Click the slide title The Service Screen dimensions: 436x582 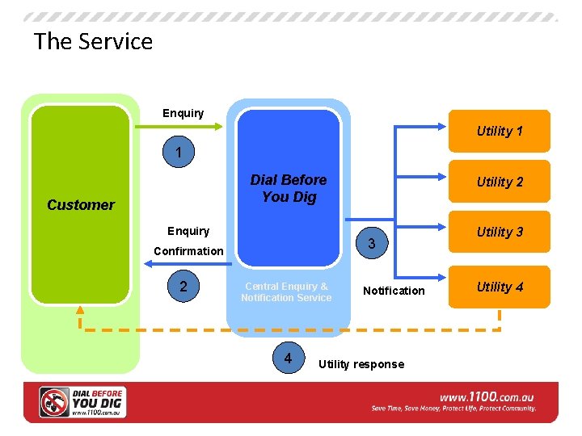click(x=93, y=41)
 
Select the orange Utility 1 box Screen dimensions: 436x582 click(x=500, y=131)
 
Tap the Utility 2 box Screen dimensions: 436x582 click(x=500, y=182)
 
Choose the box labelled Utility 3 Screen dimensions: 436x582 click(x=500, y=233)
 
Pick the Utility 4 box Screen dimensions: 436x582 click(x=500, y=287)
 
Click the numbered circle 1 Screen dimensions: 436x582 click(x=179, y=153)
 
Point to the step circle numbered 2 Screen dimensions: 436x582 click(x=183, y=287)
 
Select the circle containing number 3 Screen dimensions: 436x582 click(x=371, y=244)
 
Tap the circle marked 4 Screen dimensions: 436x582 click(x=288, y=356)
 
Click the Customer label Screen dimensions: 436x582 click(x=81, y=205)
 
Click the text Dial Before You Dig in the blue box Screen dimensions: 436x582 click(x=289, y=188)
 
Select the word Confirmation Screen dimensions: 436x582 click(x=188, y=251)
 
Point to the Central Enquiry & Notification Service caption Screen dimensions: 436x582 click(x=286, y=291)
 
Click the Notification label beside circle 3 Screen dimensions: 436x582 click(x=394, y=291)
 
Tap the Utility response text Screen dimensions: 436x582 click(x=361, y=364)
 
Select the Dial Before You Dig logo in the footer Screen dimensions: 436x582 click(x=82, y=401)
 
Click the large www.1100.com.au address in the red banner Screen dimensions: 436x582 click(x=487, y=397)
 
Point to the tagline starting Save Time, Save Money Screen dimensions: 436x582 click(x=453, y=409)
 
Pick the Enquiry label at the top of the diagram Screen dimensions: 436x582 click(x=183, y=113)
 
